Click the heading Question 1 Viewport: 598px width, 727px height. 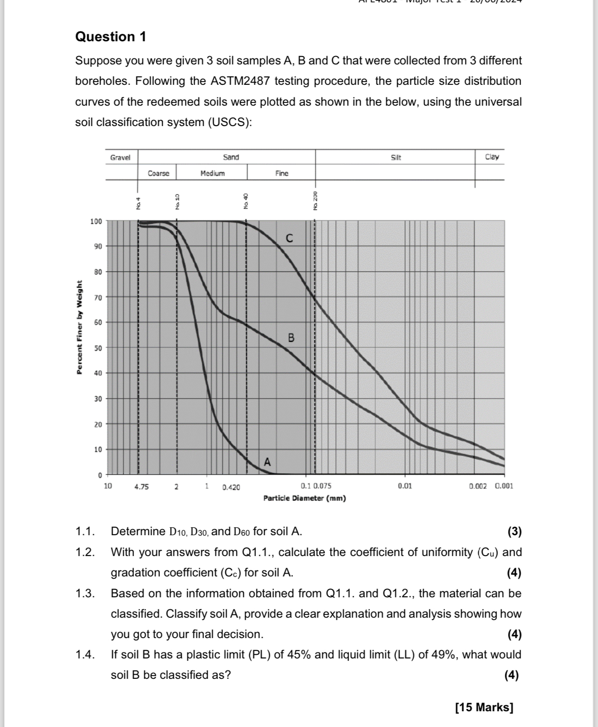tap(110, 37)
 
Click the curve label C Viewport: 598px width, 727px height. tap(289, 239)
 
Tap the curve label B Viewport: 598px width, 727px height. tap(291, 338)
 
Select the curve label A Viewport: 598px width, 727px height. tap(267, 462)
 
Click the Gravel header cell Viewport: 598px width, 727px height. tap(121, 158)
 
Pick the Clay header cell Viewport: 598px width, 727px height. tap(492, 157)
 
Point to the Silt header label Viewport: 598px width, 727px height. tap(395, 158)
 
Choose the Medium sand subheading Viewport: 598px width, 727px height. tap(212, 173)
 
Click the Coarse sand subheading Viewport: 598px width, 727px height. tap(159, 173)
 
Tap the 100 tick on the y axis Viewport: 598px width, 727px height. tap(96, 221)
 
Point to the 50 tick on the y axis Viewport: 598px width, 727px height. tap(98, 348)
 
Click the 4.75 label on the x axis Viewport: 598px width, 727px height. tap(141, 487)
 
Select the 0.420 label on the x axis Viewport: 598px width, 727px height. tap(231, 487)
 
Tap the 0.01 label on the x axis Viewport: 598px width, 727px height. tap(404, 486)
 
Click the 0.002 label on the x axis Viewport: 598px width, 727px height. tap(477, 486)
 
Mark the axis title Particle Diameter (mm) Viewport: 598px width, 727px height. tap(304, 498)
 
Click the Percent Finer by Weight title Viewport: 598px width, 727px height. tap(79, 327)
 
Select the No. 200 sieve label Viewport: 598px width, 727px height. tap(315, 201)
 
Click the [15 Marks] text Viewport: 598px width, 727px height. tap(484, 708)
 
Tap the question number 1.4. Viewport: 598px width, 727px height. tap(85, 655)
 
